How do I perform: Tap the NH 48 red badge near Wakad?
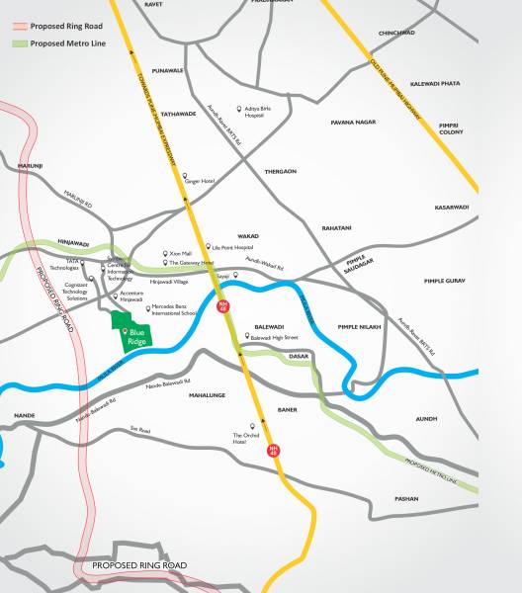223,306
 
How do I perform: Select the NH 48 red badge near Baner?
274,450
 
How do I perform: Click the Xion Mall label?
181,253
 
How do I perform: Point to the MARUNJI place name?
33,165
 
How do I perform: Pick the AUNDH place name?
426,419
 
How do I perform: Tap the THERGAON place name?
281,171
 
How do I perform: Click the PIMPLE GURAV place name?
444,282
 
